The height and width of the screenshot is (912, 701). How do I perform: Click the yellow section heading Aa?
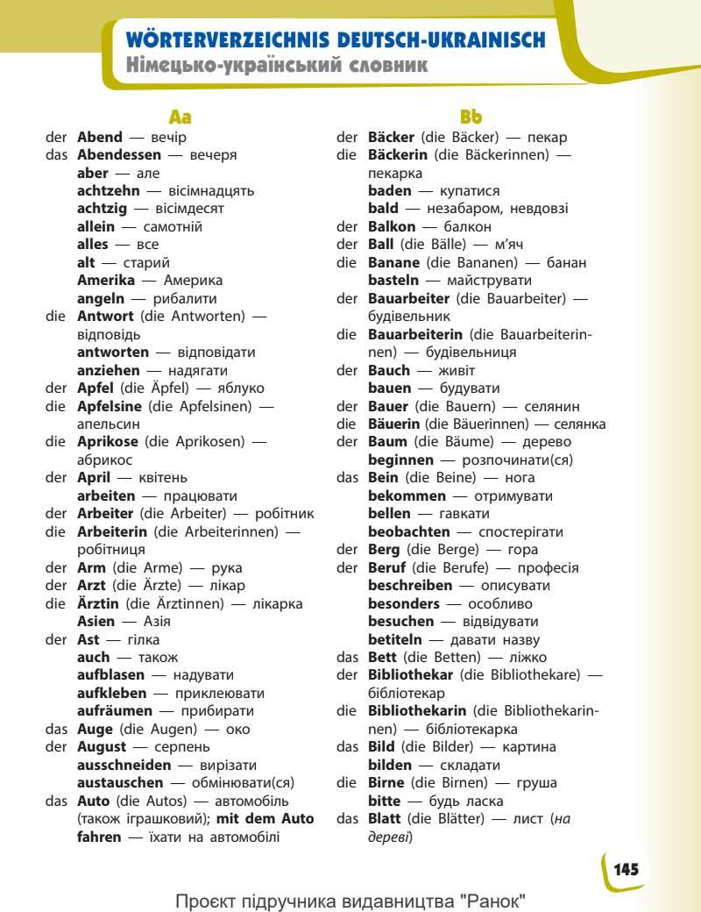click(x=180, y=117)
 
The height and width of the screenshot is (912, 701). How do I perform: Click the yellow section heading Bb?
click(x=471, y=117)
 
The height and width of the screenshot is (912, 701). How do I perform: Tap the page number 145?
click(x=626, y=869)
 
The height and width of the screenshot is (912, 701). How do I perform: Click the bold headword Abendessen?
click(x=119, y=155)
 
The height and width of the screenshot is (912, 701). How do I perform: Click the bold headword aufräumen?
click(x=115, y=711)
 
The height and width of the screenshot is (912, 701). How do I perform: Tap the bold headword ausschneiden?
click(x=124, y=765)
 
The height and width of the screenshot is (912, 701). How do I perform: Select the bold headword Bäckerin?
click(x=398, y=155)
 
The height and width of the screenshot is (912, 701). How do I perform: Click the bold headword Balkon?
click(x=392, y=226)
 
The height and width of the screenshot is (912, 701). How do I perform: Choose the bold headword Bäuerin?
click(x=393, y=424)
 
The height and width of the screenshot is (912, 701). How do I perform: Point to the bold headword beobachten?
click(x=409, y=531)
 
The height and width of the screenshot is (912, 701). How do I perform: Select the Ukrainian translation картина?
click(x=530, y=747)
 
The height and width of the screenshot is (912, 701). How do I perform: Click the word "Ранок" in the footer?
click(x=495, y=901)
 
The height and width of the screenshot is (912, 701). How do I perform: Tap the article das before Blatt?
click(x=348, y=818)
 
